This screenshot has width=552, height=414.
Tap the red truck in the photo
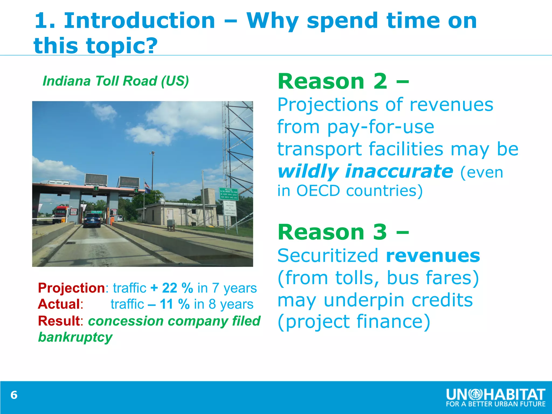[x=60, y=213]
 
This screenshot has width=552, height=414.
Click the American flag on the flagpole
[x=147, y=185]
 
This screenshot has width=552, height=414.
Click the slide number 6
[x=14, y=395]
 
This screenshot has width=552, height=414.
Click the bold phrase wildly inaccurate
[x=365, y=171]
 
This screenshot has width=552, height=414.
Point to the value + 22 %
[x=172, y=288]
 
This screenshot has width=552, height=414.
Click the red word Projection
[x=71, y=288]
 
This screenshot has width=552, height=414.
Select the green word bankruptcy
[x=75, y=337]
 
